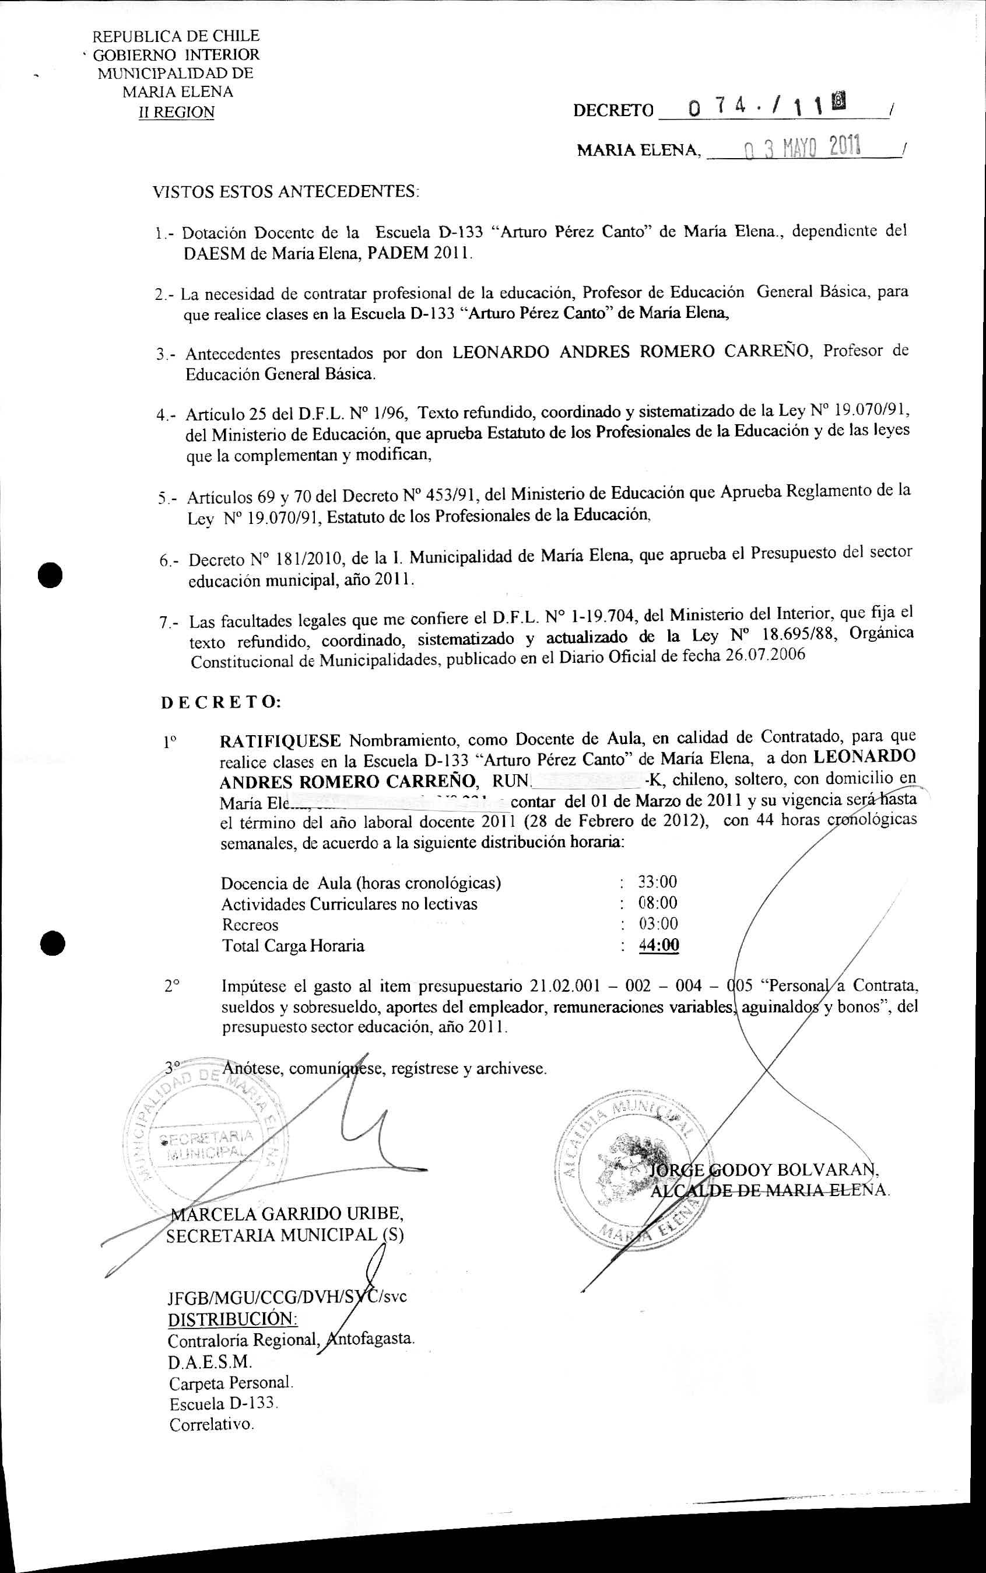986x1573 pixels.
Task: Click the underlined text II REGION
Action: coord(176,112)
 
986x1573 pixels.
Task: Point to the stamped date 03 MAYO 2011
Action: coord(802,149)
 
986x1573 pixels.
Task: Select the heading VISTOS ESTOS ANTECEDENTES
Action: coord(286,192)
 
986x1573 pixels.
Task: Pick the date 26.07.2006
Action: coord(765,655)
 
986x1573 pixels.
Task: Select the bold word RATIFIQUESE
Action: coord(280,741)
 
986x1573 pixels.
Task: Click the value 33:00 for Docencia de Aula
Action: coord(657,882)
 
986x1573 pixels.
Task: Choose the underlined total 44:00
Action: coord(659,945)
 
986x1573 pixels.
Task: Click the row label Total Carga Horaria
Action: coord(293,945)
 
